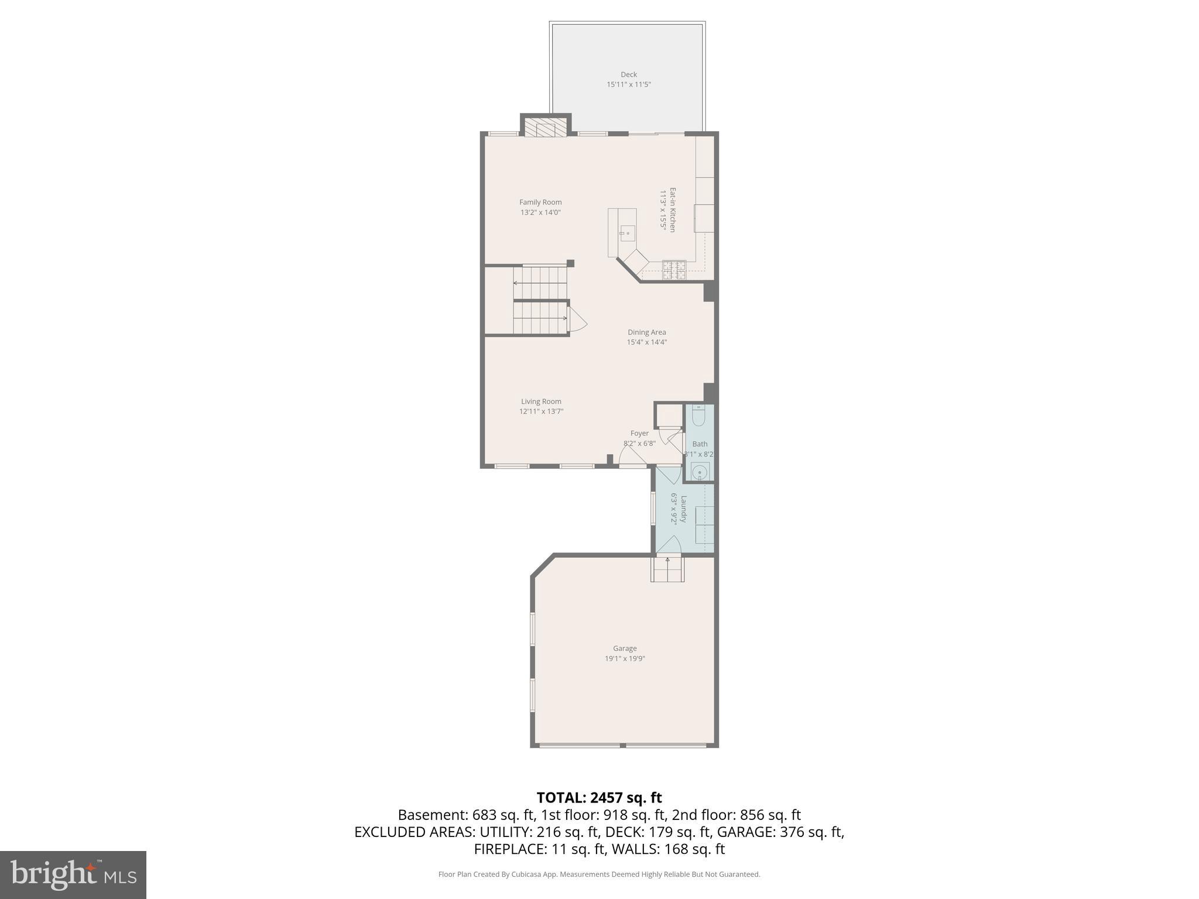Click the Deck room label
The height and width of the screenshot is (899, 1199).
[629, 74]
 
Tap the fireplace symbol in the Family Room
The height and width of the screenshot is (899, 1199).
[546, 128]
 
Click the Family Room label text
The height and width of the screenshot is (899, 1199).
[540, 203]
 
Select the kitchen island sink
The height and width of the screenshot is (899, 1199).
[627, 234]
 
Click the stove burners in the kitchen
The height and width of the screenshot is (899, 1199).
[674, 270]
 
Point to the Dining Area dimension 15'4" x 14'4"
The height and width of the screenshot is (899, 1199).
[647, 342]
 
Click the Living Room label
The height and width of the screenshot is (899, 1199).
[541, 402]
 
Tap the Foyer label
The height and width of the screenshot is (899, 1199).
[639, 434]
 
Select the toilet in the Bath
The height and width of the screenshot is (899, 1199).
[698, 416]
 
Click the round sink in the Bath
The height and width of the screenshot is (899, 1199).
[699, 472]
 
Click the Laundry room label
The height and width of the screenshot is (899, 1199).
[683, 509]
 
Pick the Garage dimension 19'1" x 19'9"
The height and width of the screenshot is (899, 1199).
[625, 658]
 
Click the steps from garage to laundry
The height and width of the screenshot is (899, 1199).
[667, 569]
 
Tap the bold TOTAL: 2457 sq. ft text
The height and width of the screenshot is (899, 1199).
[599, 798]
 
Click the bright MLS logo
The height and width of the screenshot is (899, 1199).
[73, 874]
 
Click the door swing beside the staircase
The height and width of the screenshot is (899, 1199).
[577, 321]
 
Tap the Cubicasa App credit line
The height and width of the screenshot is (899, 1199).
[599, 874]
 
